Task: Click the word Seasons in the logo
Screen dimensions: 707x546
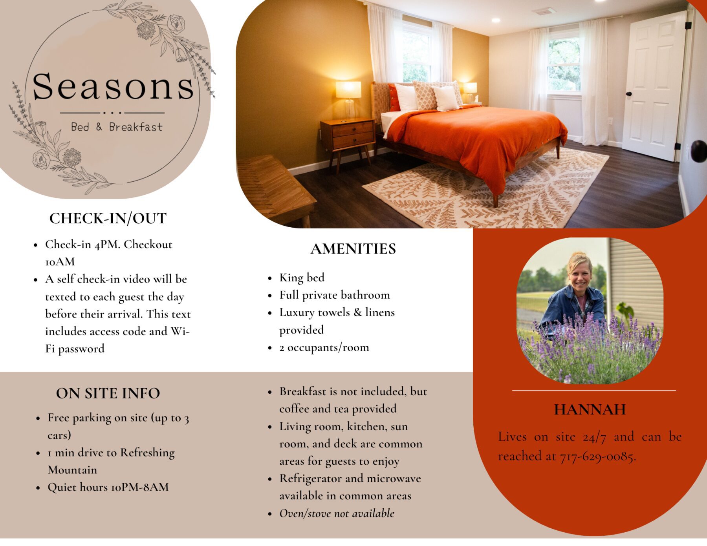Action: click(x=113, y=86)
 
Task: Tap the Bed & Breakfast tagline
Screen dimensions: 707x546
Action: click(x=117, y=127)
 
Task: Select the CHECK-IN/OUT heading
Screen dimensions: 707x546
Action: click(x=108, y=219)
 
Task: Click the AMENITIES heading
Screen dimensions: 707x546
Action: click(x=353, y=249)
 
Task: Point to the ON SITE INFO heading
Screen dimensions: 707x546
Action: click(x=108, y=393)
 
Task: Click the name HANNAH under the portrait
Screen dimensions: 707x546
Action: click(x=590, y=410)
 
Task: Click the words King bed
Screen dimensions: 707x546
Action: click(x=302, y=278)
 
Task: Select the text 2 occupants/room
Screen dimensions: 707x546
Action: click(x=324, y=347)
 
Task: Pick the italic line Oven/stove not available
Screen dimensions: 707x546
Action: click(x=337, y=513)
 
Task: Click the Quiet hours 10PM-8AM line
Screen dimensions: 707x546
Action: click(x=108, y=487)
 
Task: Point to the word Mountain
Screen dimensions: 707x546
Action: click(x=72, y=470)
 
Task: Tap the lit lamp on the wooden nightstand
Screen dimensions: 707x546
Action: click(x=348, y=98)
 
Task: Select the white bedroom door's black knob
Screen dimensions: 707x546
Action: click(x=629, y=94)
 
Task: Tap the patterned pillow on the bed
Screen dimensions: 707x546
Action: click(x=425, y=95)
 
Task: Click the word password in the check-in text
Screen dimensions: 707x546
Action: click(x=81, y=349)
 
